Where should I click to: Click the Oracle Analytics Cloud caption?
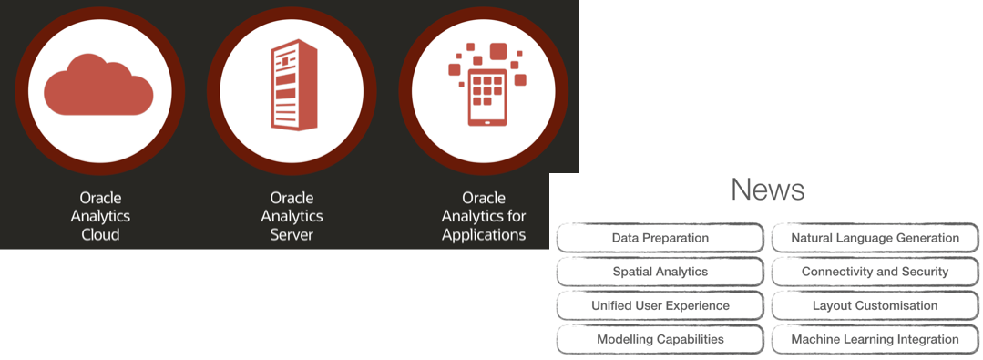click(99, 216)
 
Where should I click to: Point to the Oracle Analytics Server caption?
click(292, 216)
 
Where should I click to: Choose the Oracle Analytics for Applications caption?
click(484, 216)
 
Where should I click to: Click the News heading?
click(767, 190)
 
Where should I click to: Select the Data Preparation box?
click(660, 238)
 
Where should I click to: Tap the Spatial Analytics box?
click(660, 272)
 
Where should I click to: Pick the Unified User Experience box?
click(660, 305)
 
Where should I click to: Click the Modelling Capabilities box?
click(660, 339)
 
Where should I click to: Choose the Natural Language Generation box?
click(875, 238)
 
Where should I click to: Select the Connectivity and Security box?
click(875, 272)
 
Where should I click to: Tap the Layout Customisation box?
click(875, 305)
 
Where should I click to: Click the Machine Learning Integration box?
click(875, 339)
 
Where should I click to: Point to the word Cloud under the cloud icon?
click(99, 234)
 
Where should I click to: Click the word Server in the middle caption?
click(292, 234)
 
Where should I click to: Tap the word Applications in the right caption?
click(484, 234)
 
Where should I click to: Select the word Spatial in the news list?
click(634, 272)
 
